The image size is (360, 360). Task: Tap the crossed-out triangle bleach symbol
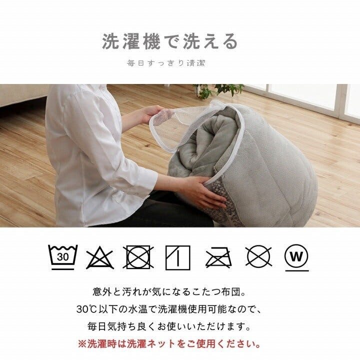(x=100, y=257)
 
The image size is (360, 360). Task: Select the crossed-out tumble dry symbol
(x=139, y=257)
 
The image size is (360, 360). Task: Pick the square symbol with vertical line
(x=178, y=257)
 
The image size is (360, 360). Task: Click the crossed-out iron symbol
(x=218, y=258)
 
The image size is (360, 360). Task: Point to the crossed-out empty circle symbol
(x=258, y=257)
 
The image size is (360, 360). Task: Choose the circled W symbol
(x=296, y=257)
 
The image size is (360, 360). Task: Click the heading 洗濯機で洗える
(x=170, y=41)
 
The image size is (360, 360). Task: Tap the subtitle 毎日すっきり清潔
(x=166, y=63)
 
